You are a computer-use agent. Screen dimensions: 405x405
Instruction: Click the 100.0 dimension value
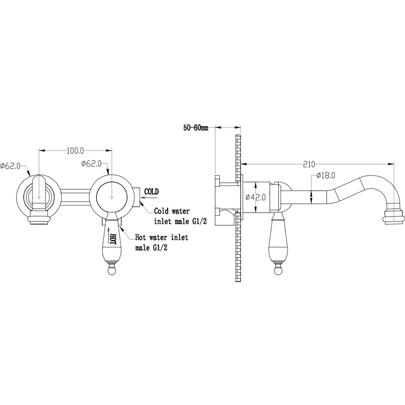(x=75, y=150)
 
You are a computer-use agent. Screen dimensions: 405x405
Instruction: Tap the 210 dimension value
(x=309, y=164)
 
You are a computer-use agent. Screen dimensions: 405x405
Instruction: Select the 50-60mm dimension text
(x=195, y=128)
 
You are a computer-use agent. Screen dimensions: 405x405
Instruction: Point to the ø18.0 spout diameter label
(x=326, y=176)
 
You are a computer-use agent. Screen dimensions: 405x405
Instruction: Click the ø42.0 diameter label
(x=256, y=197)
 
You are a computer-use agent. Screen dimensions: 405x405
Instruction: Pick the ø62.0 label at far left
(x=10, y=166)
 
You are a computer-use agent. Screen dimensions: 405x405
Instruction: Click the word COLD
(x=151, y=192)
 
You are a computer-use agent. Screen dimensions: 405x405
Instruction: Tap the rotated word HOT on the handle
(x=113, y=238)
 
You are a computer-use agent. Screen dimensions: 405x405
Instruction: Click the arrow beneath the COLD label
(x=149, y=198)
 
